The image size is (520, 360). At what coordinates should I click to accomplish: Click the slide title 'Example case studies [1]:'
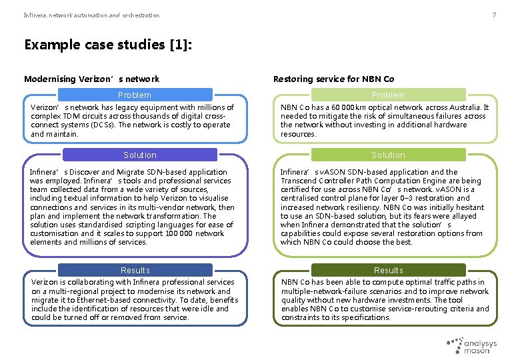109,45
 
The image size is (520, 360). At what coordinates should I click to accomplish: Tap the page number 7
494,15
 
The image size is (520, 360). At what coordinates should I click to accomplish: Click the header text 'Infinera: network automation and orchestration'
92,15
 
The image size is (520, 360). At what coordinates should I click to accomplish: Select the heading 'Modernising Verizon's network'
91,79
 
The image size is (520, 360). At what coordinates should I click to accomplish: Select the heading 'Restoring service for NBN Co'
333,79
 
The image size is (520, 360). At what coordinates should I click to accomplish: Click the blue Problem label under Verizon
135,95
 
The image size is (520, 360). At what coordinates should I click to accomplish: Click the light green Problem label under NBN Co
388,95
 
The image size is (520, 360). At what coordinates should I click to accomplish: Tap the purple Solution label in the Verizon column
140,155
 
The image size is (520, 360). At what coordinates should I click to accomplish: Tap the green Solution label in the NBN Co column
388,155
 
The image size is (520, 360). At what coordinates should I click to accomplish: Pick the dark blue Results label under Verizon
135,271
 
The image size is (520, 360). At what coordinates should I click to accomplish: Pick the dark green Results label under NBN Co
388,271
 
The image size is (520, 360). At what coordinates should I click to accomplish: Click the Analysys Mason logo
473,345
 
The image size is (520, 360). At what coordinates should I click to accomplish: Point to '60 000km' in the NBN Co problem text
342,107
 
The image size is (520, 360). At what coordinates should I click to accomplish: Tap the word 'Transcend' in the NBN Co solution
300,181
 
